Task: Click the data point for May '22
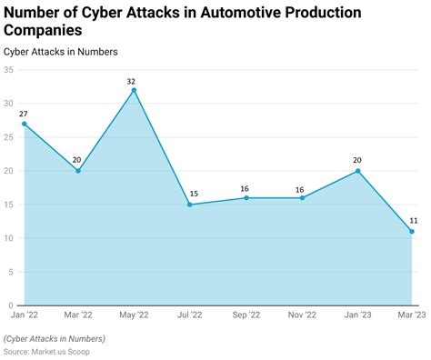134,90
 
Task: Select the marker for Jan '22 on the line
25,124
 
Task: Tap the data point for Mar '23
411,232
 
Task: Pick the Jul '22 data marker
189,205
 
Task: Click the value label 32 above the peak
133,80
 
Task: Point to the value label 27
25,114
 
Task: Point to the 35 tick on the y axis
8,70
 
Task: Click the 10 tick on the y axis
8,238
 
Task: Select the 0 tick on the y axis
11,305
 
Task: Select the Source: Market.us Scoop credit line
52,350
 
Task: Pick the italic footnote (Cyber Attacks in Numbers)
54,338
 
